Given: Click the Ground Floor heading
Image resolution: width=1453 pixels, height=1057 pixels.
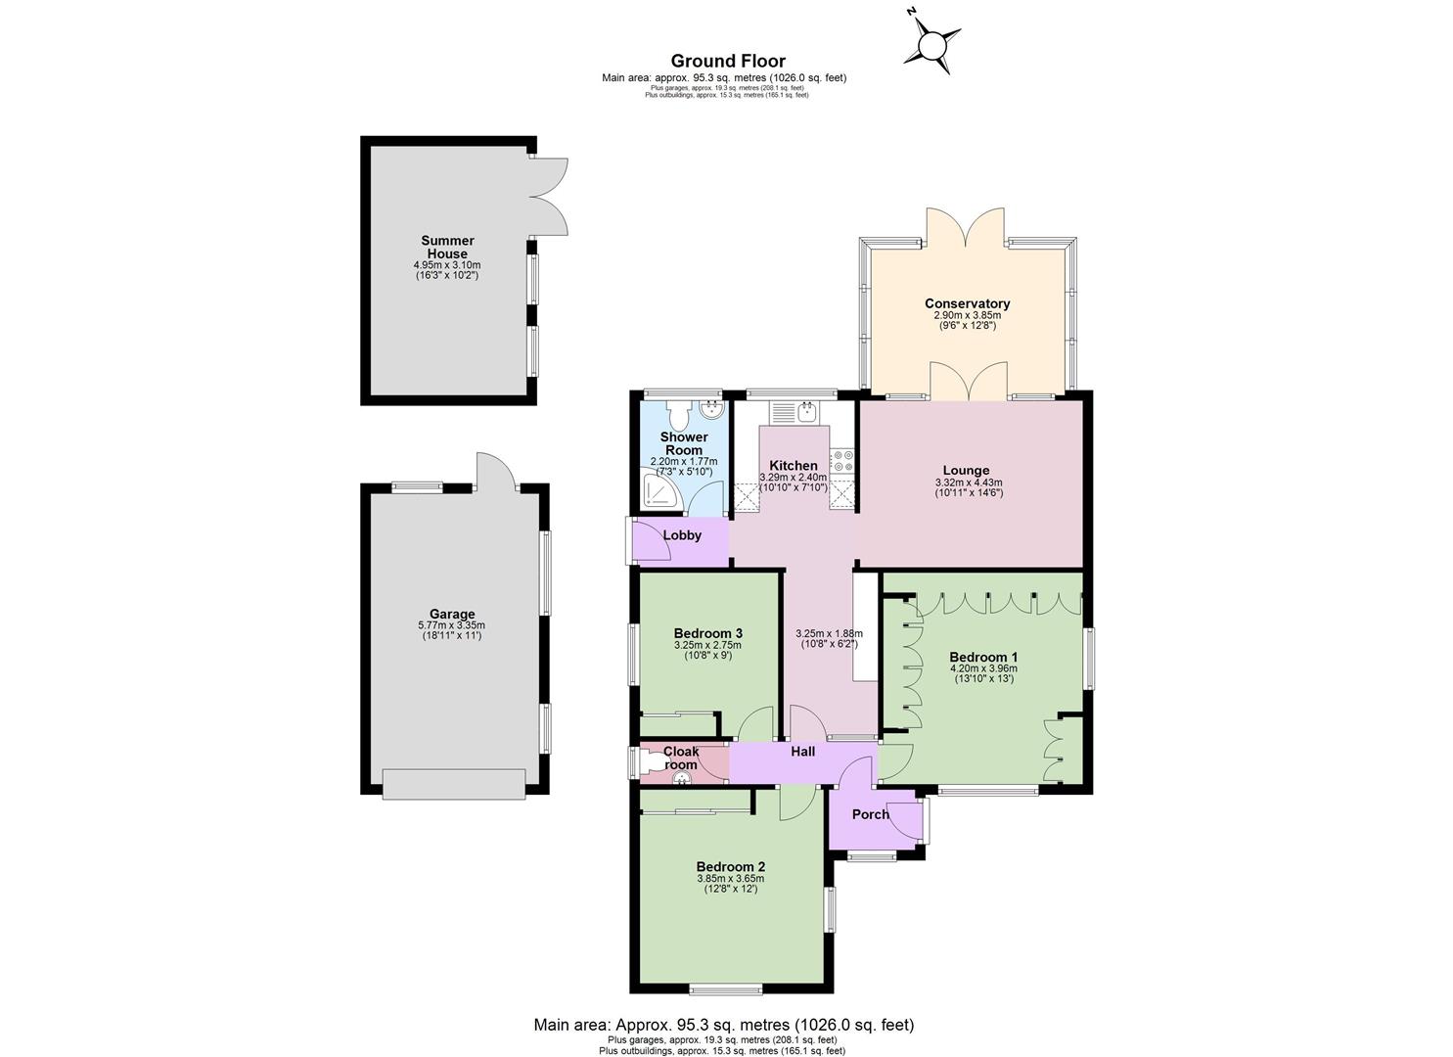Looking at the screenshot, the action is tap(728, 61).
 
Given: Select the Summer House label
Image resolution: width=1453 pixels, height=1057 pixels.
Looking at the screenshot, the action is tap(447, 247).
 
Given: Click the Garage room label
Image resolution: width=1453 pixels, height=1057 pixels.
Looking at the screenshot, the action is tap(452, 614).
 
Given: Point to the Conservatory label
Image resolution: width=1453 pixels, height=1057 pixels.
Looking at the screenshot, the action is tap(967, 303).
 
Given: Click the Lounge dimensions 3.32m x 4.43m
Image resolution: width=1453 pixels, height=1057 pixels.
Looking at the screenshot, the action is tap(969, 483).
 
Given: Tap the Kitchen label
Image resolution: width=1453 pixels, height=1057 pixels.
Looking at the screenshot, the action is tap(794, 466).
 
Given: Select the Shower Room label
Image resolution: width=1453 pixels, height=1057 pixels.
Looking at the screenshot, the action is tap(684, 443).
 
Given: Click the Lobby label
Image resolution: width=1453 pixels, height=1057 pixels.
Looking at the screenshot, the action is tap(682, 535).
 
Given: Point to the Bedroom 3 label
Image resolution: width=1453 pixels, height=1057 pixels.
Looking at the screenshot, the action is tap(707, 633).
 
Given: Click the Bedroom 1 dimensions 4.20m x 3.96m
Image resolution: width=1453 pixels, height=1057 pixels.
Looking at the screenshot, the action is tap(983, 668).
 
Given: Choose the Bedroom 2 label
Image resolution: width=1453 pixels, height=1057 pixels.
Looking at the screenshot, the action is tap(730, 867).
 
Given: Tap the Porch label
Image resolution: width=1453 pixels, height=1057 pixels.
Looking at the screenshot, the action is tap(870, 814).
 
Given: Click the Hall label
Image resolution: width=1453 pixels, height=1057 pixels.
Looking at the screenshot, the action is tap(803, 752).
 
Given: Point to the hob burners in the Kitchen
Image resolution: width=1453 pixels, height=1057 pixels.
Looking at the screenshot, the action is tap(842, 459).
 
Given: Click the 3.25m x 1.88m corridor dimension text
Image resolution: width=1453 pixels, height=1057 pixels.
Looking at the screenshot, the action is tap(829, 634).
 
